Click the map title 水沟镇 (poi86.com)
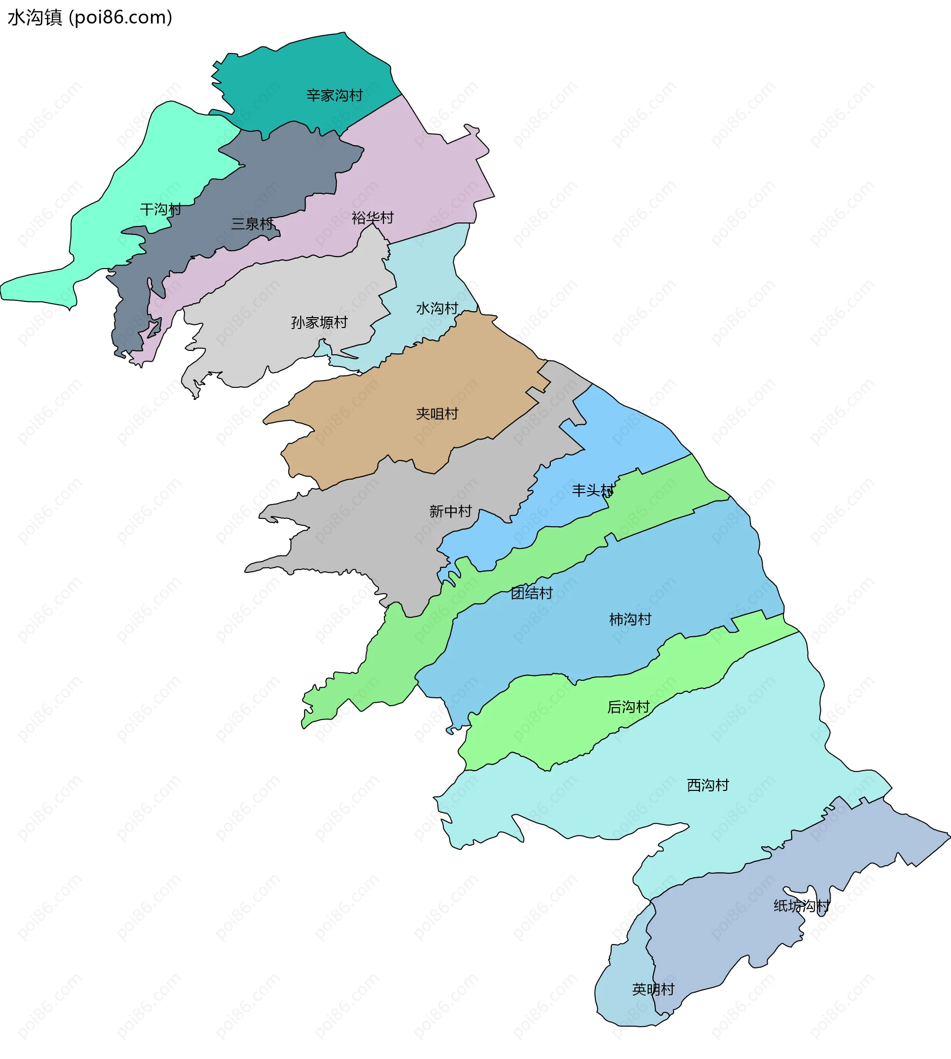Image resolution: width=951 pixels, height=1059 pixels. pyautogui.click(x=90, y=18)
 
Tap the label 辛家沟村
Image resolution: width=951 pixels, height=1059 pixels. pyautogui.click(x=334, y=96)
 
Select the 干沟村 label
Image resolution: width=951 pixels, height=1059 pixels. pyautogui.click(x=160, y=210)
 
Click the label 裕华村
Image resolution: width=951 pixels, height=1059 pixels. pyautogui.click(x=372, y=218)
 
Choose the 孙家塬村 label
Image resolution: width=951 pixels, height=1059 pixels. pyautogui.click(x=319, y=323)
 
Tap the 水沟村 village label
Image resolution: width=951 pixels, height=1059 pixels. pyautogui.click(x=437, y=308)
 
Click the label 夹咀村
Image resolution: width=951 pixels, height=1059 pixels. pyautogui.click(x=437, y=414)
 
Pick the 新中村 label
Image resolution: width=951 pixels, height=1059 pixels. pyautogui.click(x=450, y=511)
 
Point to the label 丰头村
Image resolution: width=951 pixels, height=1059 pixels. pyautogui.click(x=593, y=490)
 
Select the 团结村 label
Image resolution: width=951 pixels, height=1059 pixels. pyautogui.click(x=531, y=593)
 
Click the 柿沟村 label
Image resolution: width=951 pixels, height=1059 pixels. pyautogui.click(x=630, y=619)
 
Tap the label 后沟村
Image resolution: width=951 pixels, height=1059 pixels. pyautogui.click(x=628, y=707)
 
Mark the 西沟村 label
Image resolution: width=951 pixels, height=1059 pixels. pyautogui.click(x=707, y=785)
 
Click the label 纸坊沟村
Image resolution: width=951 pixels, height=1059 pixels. pyautogui.click(x=801, y=906)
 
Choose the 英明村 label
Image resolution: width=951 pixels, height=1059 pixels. pyautogui.click(x=653, y=990)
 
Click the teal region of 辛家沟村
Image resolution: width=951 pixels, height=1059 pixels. pyautogui.click(x=303, y=68)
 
